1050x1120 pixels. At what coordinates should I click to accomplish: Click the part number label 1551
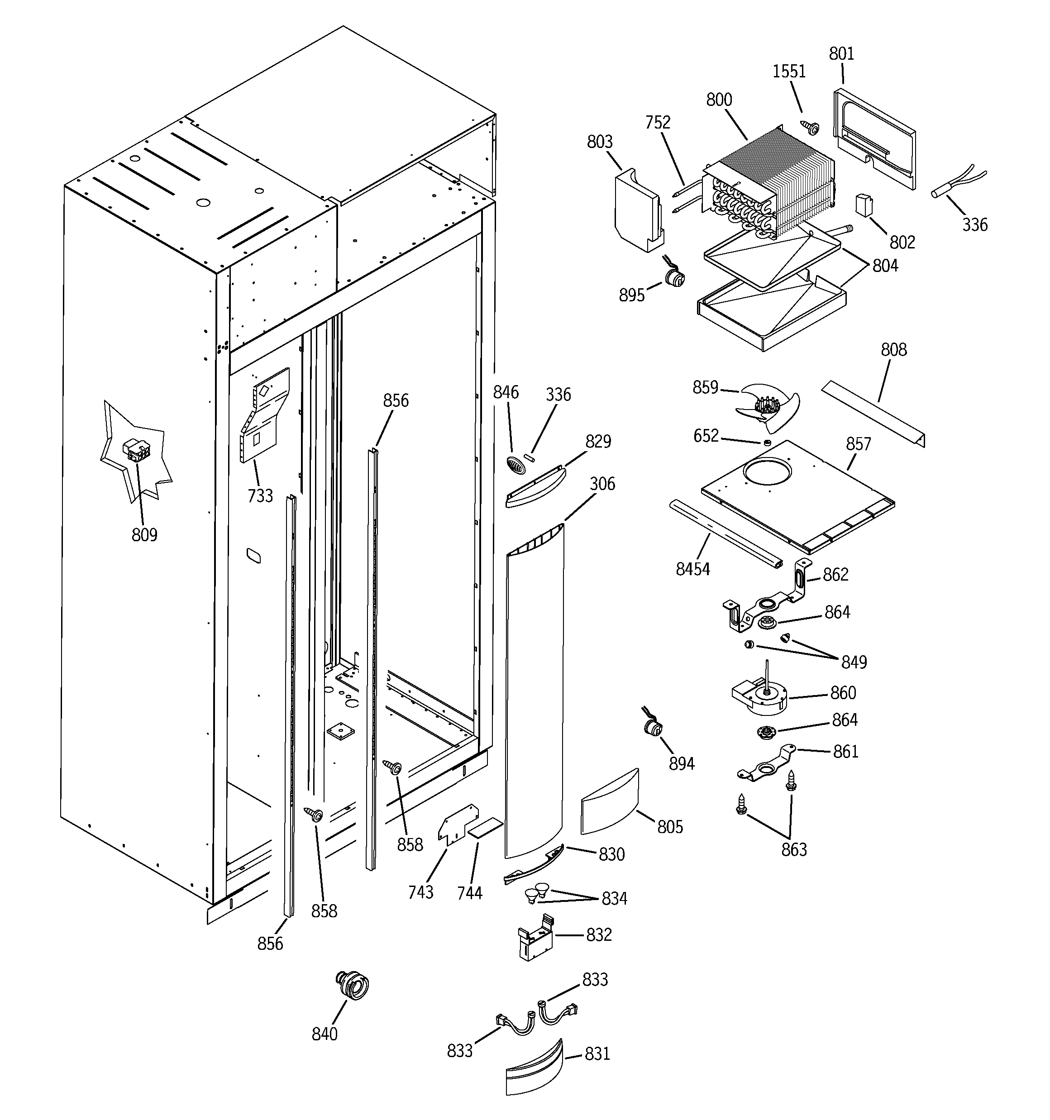pyautogui.click(x=789, y=71)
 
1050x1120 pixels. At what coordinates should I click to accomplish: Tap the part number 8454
pyautogui.click(x=692, y=570)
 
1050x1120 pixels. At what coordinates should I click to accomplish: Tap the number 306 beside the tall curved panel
pyautogui.click(x=602, y=484)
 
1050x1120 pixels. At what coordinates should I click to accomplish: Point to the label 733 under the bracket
pyautogui.click(x=260, y=496)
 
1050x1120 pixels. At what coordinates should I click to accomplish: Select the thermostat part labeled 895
pyautogui.click(x=673, y=278)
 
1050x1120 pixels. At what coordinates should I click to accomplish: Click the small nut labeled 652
pyautogui.click(x=767, y=443)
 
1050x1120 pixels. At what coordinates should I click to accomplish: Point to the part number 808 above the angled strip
pyautogui.click(x=894, y=350)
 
